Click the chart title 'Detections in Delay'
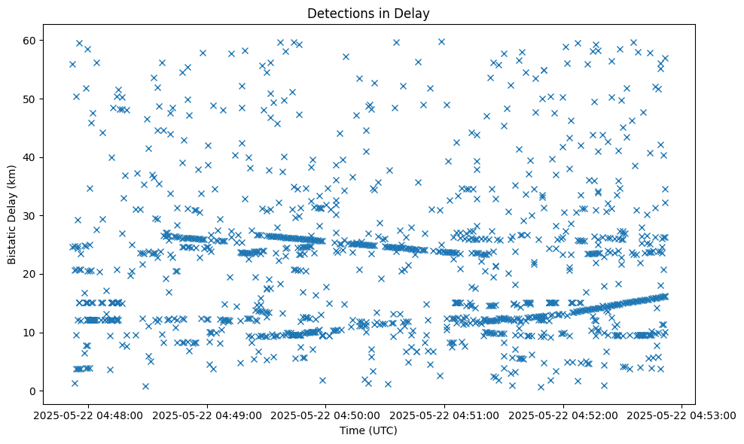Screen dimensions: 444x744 [x=369, y=13]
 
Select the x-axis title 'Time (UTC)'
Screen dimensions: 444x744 [x=369, y=430]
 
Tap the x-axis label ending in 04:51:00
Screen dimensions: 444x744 [x=445, y=415]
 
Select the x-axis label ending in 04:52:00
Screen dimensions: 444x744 [x=564, y=415]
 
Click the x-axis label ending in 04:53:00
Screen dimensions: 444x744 [x=682, y=415]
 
